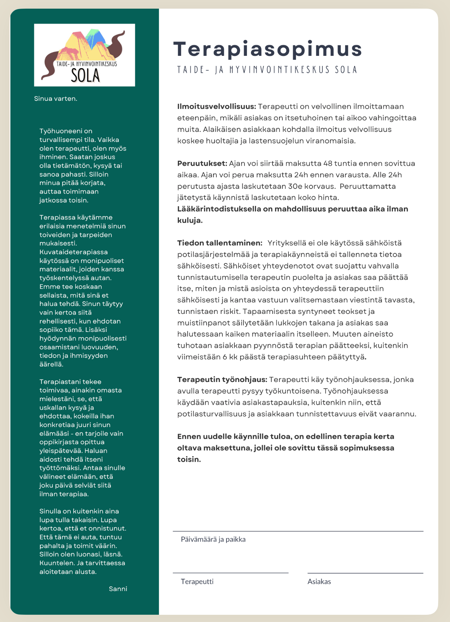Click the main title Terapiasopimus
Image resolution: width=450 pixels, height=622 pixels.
point(268,49)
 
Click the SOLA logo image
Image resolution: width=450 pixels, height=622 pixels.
point(84,55)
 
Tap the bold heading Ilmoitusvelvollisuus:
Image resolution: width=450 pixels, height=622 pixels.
point(216,107)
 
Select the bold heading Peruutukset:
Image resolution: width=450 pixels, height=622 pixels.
point(202,164)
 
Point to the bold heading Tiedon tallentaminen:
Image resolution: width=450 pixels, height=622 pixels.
point(220,243)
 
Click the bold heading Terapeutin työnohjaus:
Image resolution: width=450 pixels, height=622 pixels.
point(222,380)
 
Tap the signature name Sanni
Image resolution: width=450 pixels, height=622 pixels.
point(118,589)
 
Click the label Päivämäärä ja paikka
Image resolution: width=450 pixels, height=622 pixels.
point(213,539)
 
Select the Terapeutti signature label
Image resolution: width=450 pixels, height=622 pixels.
point(197,582)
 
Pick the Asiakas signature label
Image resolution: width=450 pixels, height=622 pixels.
point(319,582)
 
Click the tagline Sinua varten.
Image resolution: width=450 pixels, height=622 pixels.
point(56,99)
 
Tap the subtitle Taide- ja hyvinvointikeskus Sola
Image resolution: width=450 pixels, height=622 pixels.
point(267,70)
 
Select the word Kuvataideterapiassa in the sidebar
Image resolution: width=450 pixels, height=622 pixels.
point(74,252)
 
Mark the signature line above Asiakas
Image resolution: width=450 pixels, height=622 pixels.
point(365,573)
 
